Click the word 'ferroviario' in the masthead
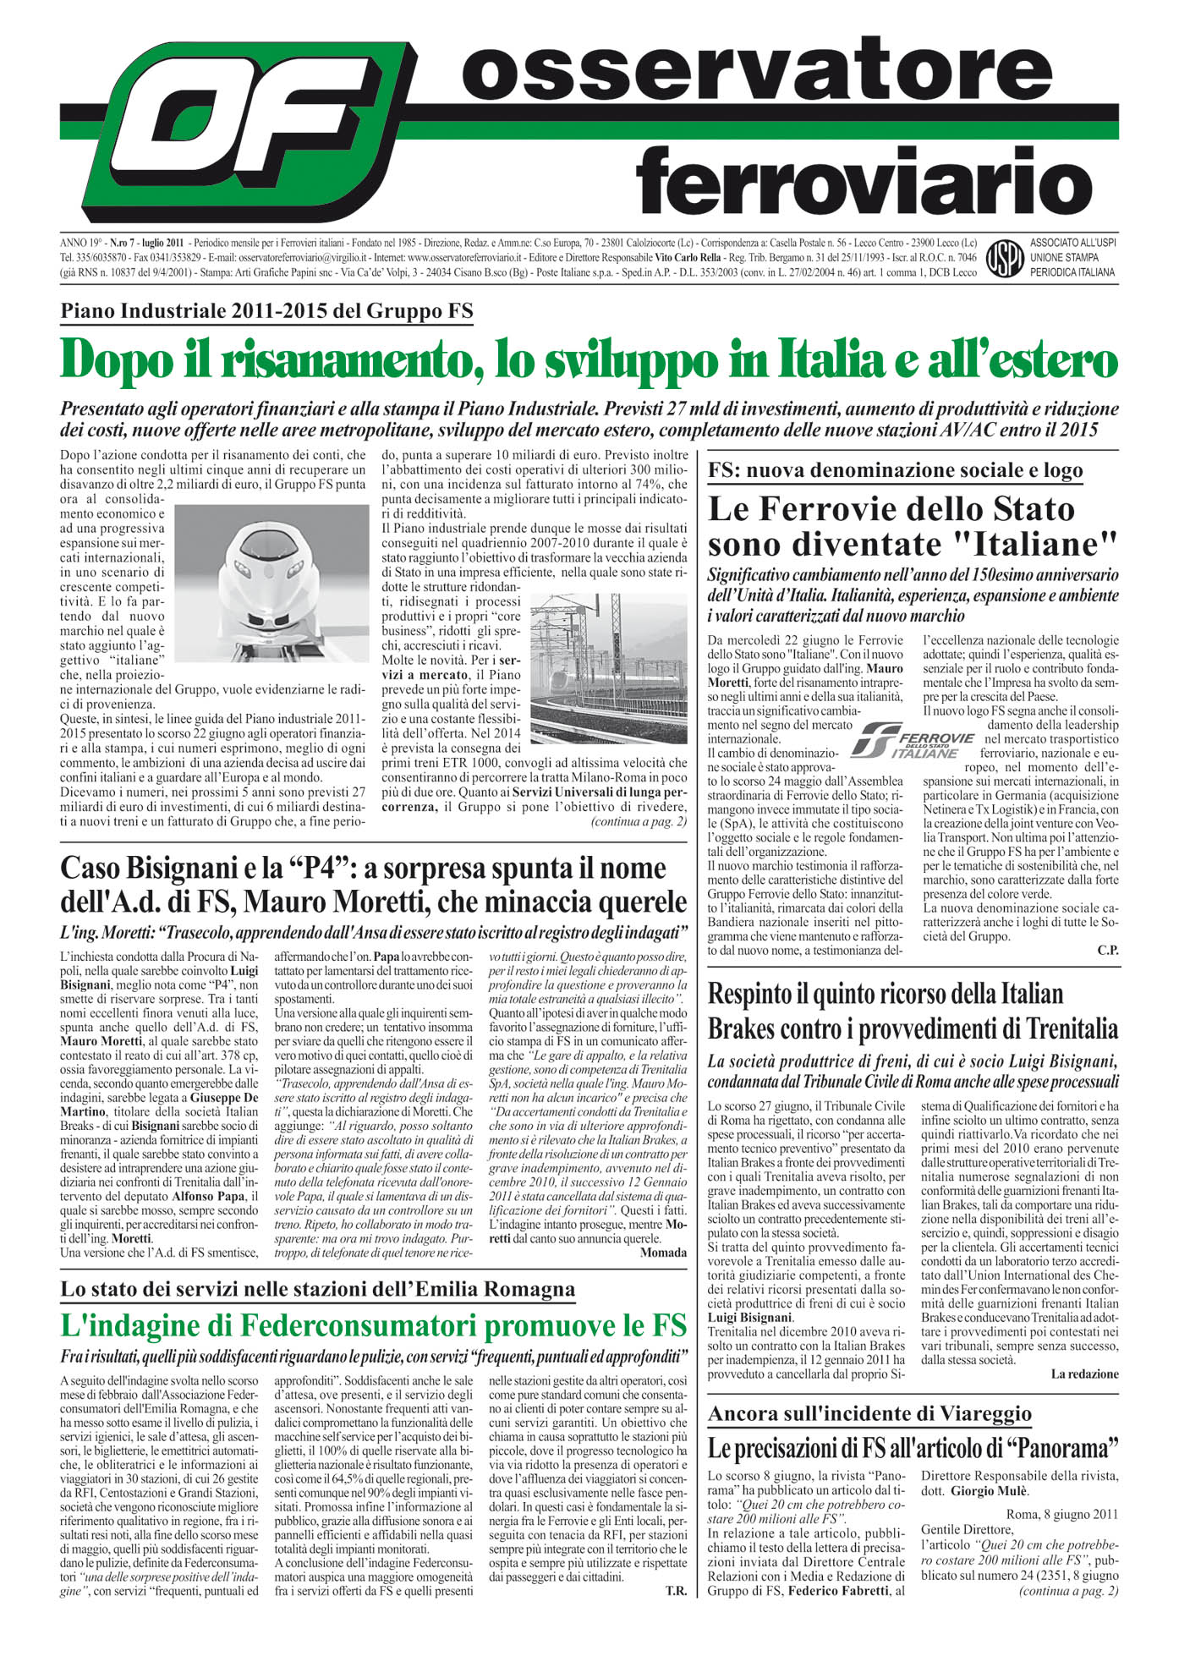pos(864,179)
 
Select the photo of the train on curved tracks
pos(609,668)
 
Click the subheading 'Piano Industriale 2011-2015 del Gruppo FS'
pos(266,311)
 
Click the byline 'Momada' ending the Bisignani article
pos(663,1252)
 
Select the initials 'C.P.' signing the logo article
pos(1107,951)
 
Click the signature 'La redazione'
pos(1084,1374)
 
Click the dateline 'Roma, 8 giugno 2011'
pos(1061,1514)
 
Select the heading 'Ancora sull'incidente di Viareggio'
pos(869,1413)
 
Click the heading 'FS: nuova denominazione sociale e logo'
pos(895,470)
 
